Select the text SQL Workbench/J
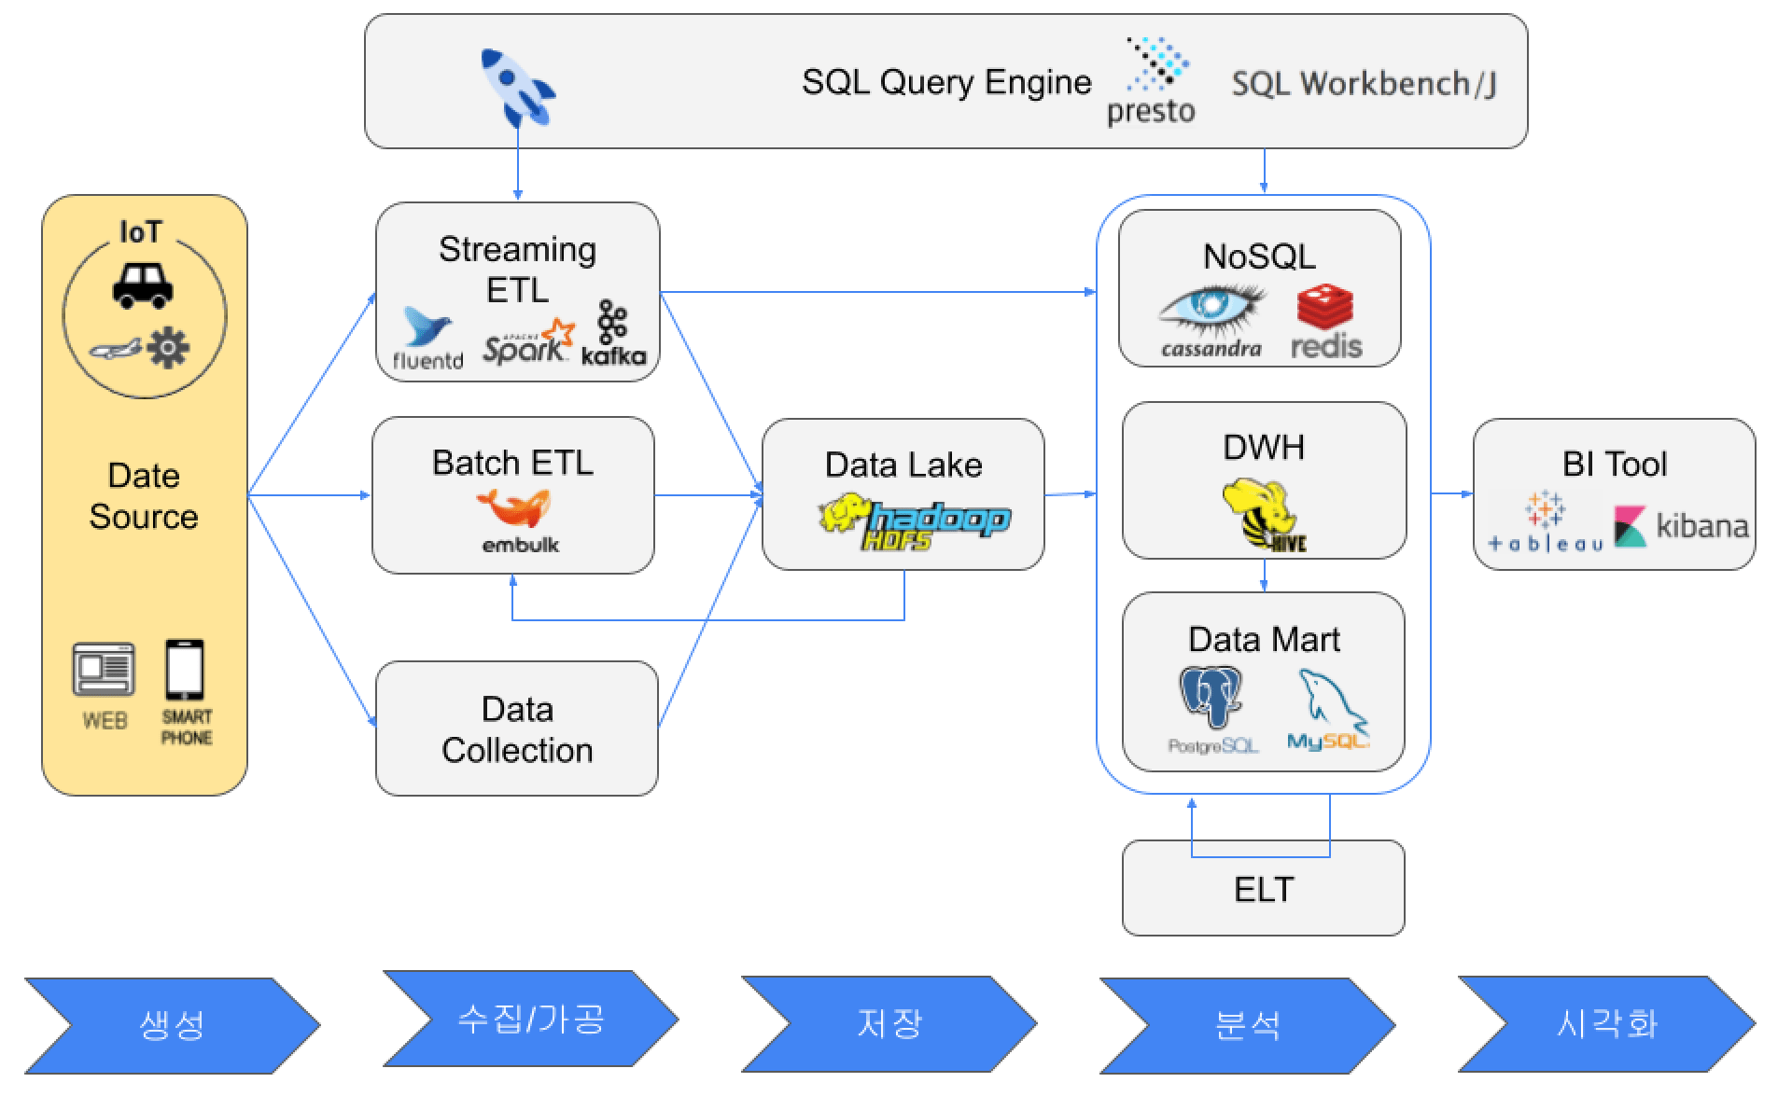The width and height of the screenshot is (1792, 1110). tap(1364, 84)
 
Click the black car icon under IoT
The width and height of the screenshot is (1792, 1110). tap(143, 284)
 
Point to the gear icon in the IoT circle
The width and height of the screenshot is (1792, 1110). tap(168, 348)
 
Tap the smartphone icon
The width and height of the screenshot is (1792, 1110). tap(185, 670)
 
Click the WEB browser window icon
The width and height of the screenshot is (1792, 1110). tap(104, 669)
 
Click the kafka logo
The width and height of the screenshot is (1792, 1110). tap(613, 333)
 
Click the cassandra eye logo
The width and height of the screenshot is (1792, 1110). tap(1211, 322)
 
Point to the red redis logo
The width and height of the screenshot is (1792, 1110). tap(1325, 323)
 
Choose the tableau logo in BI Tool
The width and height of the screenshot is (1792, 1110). tap(1546, 522)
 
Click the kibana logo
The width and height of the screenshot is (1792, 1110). tap(1681, 526)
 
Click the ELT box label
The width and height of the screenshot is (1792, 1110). tap(1264, 889)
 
